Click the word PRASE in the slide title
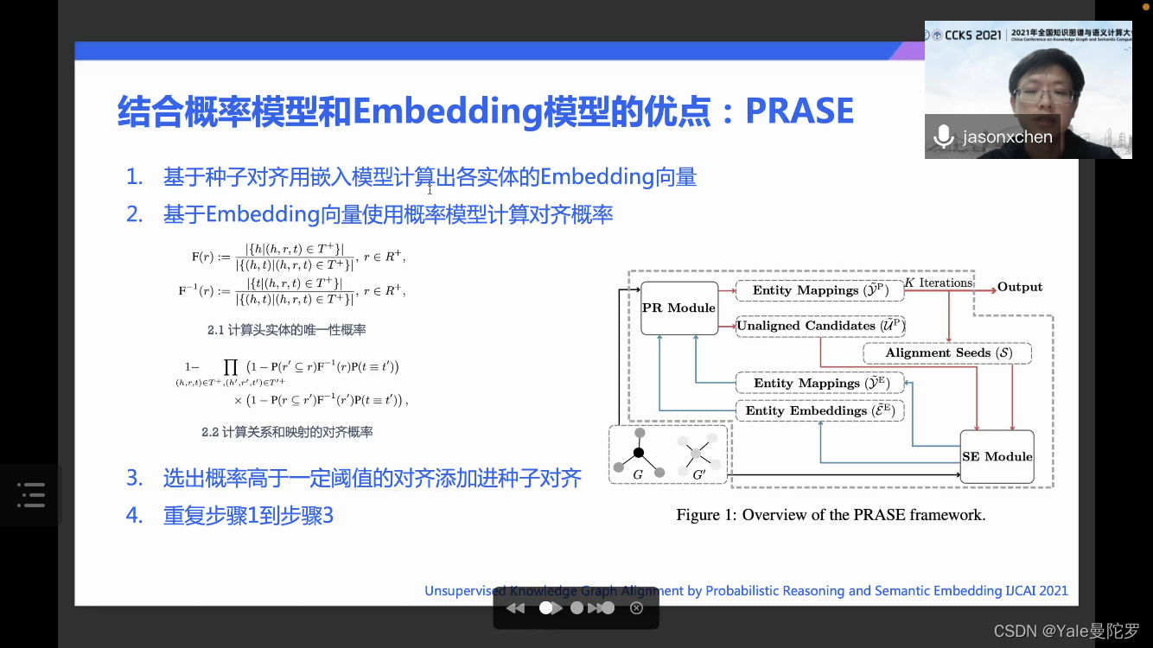pos(799,111)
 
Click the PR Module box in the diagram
pos(678,308)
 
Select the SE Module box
pos(997,456)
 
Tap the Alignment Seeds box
pos(948,353)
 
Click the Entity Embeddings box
pos(819,410)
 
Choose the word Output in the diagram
pos(1020,287)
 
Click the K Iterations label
pos(939,283)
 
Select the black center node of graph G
pos(639,453)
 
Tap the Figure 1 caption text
pos(830,515)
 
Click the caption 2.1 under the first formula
pos(286,330)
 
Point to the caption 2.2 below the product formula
pos(287,432)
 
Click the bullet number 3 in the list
pos(134,478)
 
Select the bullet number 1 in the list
pos(134,178)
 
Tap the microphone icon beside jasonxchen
pos(944,137)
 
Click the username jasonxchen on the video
pos(1007,137)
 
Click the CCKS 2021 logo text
pos(966,35)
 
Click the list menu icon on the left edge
pos(31,495)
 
